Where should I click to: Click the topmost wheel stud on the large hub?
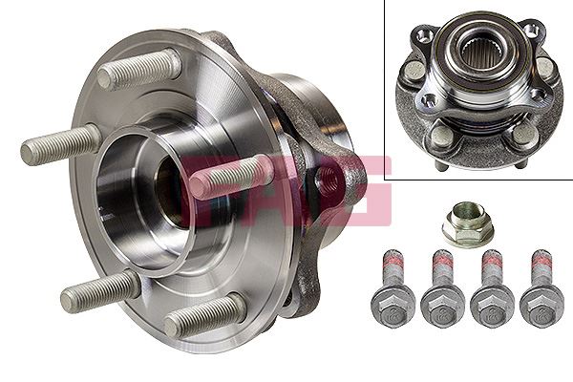coord(140,69)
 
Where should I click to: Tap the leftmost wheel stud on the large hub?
coord(59,144)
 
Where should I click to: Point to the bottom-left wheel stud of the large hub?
coord(100,290)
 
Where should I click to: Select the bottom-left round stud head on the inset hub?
coord(441,137)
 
